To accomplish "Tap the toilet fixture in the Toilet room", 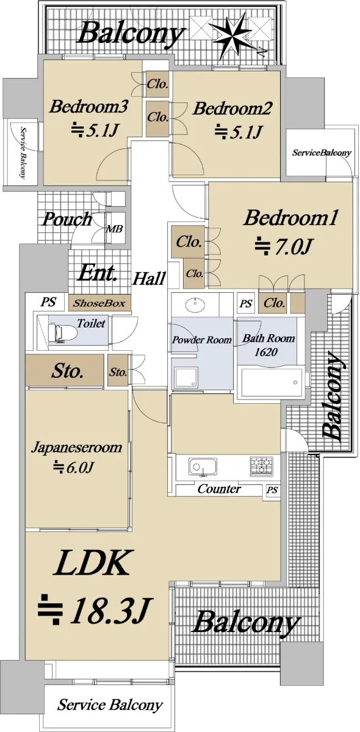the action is [x=62, y=332].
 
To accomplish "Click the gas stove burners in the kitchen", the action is [x=261, y=466].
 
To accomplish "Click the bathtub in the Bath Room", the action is [x=272, y=382].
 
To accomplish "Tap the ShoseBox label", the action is [x=99, y=303].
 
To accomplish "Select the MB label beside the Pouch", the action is [x=115, y=228].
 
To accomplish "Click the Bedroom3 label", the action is [x=88, y=107].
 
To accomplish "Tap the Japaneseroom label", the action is [x=76, y=447].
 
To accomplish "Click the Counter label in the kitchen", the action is [x=219, y=489].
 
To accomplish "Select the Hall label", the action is [x=149, y=279].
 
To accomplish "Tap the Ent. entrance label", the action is [x=97, y=273].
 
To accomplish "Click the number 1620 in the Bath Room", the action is [x=266, y=352].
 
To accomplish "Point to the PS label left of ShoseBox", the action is [x=48, y=301].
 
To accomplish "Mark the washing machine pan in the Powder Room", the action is [x=185, y=377].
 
